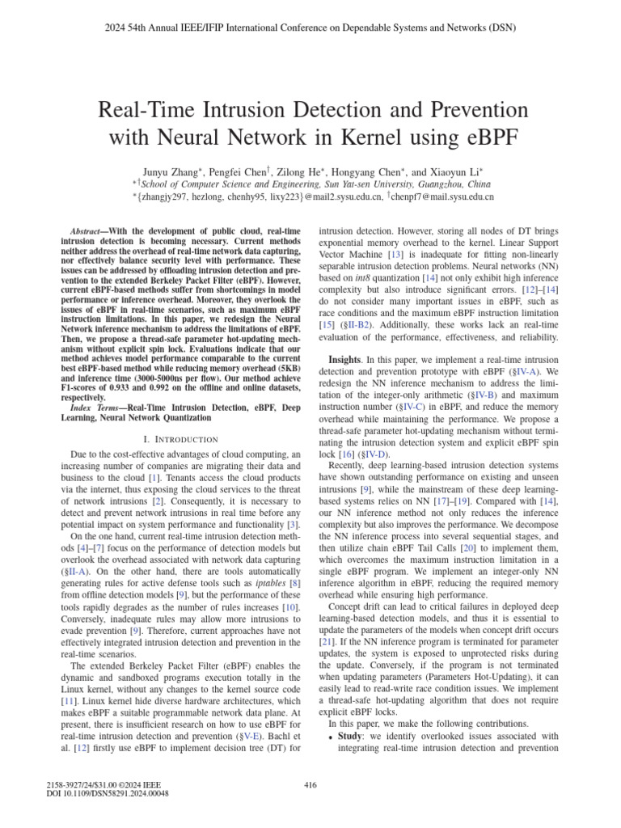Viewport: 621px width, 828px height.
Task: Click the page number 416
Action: pyautogui.click(x=310, y=785)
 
